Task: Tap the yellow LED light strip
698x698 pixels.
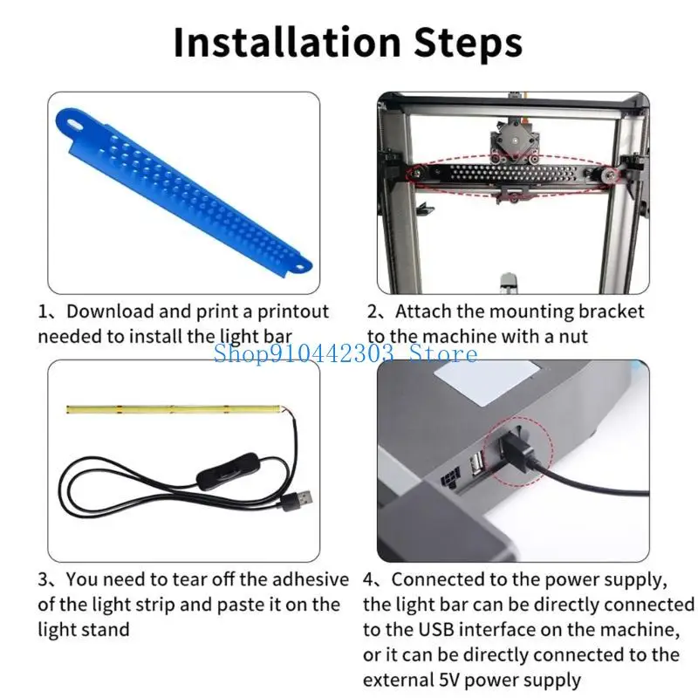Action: click(x=174, y=408)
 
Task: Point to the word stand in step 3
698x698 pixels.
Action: click(x=106, y=630)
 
